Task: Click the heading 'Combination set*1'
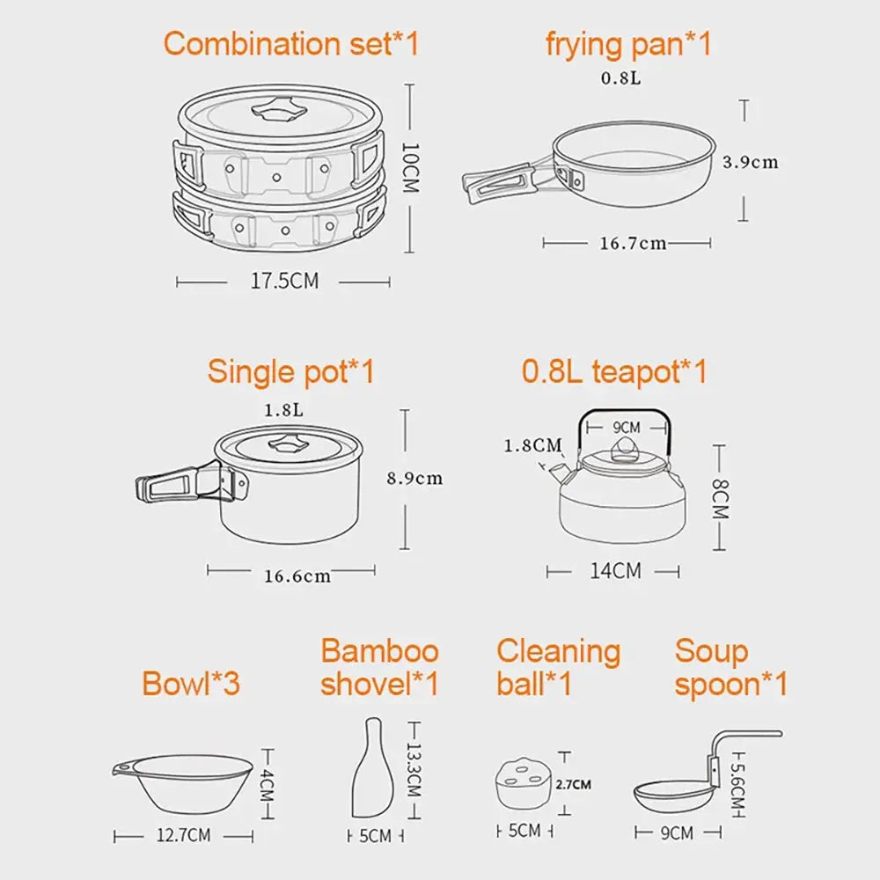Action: click(x=291, y=44)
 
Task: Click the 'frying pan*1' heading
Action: click(x=628, y=44)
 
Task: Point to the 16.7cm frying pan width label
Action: click(x=633, y=244)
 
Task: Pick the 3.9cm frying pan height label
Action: click(x=750, y=162)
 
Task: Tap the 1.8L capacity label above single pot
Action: click(x=284, y=410)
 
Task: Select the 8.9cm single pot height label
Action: click(x=414, y=479)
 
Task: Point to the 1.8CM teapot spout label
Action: click(x=532, y=445)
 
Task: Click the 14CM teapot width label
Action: click(x=615, y=571)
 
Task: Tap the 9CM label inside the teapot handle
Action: click(x=626, y=428)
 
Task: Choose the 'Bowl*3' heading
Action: click(x=191, y=683)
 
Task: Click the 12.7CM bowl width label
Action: click(x=183, y=835)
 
